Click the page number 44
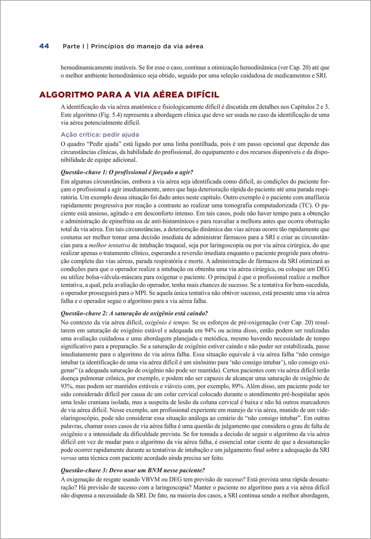[x=44, y=46]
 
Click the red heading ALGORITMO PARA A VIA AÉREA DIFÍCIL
[x=129, y=95]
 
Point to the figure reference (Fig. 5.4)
[x=103, y=115]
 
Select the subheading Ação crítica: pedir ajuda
[x=100, y=135]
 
